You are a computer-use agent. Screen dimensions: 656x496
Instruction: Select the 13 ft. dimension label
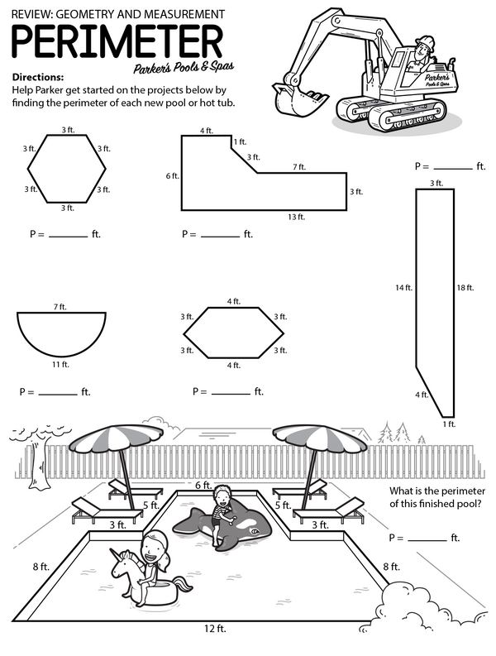pyautogui.click(x=296, y=217)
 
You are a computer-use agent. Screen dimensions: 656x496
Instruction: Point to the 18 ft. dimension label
pyautogui.click(x=465, y=288)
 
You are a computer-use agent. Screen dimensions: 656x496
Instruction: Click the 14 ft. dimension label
pyautogui.click(x=403, y=288)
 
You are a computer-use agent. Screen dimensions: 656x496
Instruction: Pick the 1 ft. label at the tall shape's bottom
pyautogui.click(x=449, y=424)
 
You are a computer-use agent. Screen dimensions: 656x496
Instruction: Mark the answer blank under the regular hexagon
pyautogui.click(x=68, y=237)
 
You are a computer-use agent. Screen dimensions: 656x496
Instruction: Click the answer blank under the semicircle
pyautogui.click(x=58, y=394)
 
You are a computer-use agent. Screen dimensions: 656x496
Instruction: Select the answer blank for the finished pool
pyautogui.click(x=426, y=540)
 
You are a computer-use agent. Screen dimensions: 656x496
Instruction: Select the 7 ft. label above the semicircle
pyautogui.click(x=60, y=307)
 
